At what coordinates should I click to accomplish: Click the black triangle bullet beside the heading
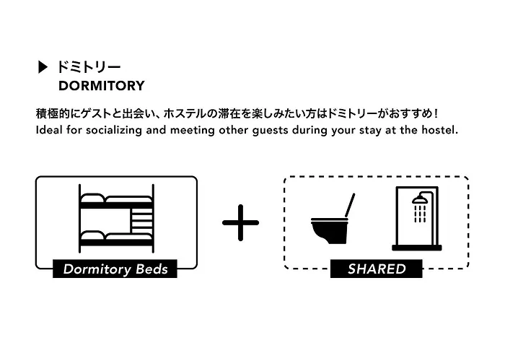click(43, 67)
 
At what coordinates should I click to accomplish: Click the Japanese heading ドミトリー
click(89, 67)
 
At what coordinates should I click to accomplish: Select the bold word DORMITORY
click(102, 86)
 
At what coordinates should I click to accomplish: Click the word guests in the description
click(270, 131)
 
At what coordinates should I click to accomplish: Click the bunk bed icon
click(116, 219)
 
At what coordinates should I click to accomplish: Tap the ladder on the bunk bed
click(141, 220)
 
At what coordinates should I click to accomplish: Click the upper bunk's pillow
click(92, 199)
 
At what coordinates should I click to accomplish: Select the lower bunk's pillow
click(92, 235)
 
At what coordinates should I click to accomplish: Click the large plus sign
click(240, 222)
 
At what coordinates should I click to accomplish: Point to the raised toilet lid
click(350, 205)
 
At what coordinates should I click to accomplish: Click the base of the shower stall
click(417, 248)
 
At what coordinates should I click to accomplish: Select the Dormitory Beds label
click(115, 269)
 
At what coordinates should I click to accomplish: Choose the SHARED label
click(376, 269)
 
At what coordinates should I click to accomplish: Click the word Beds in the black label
click(151, 269)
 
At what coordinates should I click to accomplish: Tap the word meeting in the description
click(193, 131)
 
